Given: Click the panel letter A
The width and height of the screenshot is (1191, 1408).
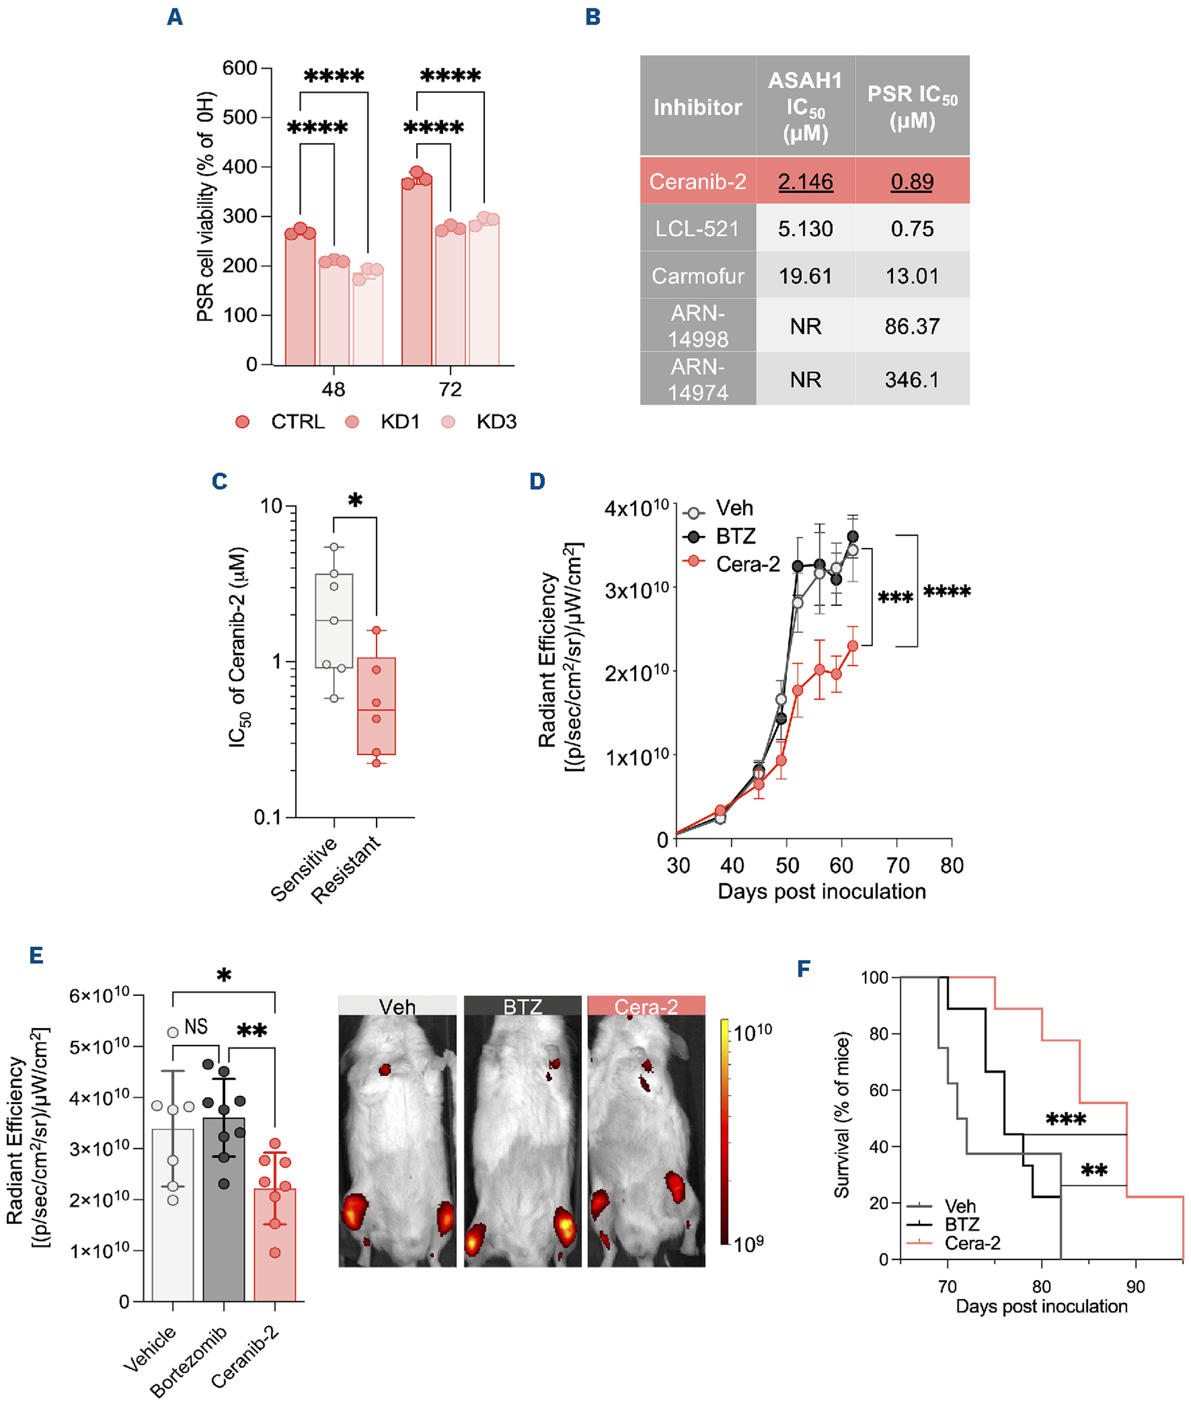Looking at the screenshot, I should coord(175,17).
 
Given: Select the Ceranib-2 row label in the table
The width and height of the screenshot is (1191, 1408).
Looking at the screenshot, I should coord(697,181).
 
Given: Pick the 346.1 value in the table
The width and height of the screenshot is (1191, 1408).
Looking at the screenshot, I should coord(912,379).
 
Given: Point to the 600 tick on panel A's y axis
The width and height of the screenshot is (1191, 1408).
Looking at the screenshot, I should coord(239,68).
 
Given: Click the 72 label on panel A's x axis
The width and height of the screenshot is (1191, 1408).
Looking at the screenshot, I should coord(450,389).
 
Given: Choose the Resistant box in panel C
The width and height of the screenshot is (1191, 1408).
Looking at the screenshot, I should coord(376,705).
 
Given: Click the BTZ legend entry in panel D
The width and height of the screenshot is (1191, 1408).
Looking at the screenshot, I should coord(735,536).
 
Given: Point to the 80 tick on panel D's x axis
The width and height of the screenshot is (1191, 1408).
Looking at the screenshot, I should coord(952,865).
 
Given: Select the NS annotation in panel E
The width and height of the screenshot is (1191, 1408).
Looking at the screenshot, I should coord(196,1027).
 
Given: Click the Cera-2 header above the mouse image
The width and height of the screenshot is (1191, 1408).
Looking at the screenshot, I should coord(645,1007).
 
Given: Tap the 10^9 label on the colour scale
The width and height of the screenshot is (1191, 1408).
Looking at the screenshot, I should coord(749,1243).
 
